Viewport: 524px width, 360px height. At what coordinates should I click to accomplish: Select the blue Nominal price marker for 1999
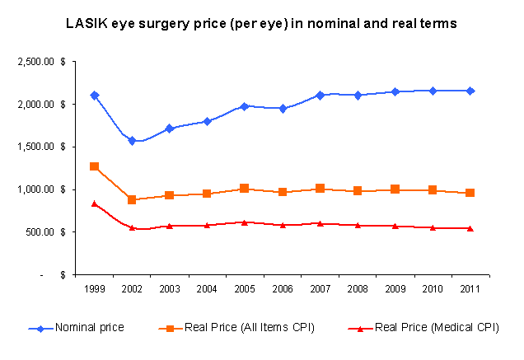(x=95, y=95)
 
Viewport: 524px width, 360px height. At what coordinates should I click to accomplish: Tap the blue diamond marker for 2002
(x=132, y=141)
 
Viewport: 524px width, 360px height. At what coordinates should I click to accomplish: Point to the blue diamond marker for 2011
(x=470, y=91)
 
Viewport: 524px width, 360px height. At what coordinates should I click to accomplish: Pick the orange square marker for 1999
(x=95, y=166)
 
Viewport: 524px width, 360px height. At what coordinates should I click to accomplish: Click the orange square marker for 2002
(x=132, y=199)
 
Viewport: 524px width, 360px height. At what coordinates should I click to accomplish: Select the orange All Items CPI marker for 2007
(x=320, y=189)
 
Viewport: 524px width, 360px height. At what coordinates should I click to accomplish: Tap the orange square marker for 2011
(x=470, y=193)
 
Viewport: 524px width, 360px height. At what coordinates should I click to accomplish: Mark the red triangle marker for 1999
(x=95, y=203)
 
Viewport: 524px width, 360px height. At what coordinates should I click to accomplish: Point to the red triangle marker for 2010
(x=433, y=227)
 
